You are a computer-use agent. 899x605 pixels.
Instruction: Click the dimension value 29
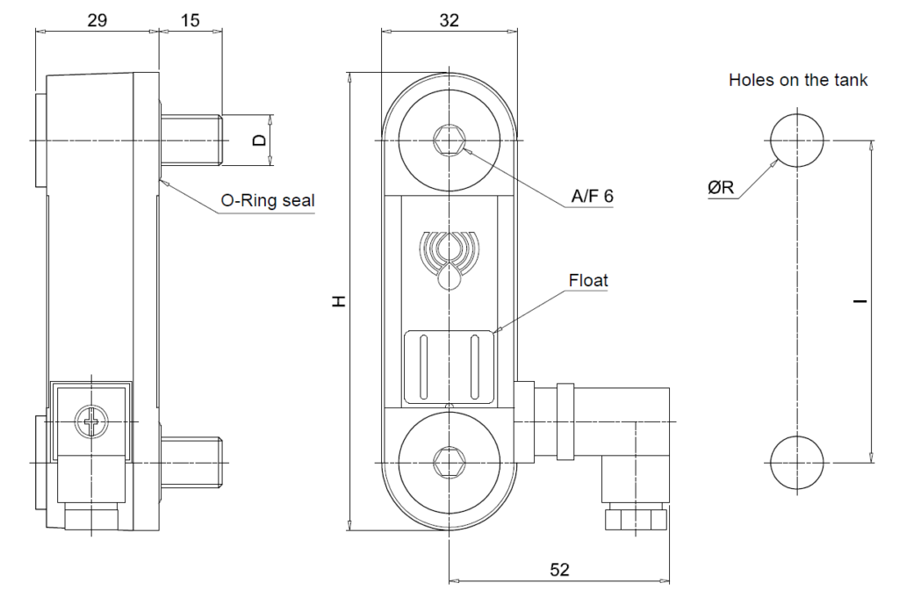click(x=97, y=20)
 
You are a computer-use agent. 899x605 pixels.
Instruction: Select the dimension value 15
click(x=191, y=20)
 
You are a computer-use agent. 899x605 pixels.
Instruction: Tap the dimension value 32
click(x=449, y=20)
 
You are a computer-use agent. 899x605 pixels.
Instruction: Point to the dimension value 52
click(x=559, y=570)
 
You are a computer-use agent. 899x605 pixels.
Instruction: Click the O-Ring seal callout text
click(x=268, y=201)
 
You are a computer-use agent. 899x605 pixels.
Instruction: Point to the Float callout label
click(x=588, y=281)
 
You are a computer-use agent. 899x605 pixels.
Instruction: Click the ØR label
click(x=725, y=187)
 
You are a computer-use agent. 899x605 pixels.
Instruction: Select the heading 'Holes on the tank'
click(x=798, y=80)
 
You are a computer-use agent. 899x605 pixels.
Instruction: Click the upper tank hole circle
click(x=798, y=140)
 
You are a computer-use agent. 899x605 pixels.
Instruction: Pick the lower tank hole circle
click(x=798, y=462)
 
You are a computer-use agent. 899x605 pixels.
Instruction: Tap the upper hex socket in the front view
click(x=449, y=139)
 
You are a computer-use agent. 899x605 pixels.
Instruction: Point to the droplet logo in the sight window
click(x=449, y=255)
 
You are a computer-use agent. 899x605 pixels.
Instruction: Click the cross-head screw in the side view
click(x=90, y=422)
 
